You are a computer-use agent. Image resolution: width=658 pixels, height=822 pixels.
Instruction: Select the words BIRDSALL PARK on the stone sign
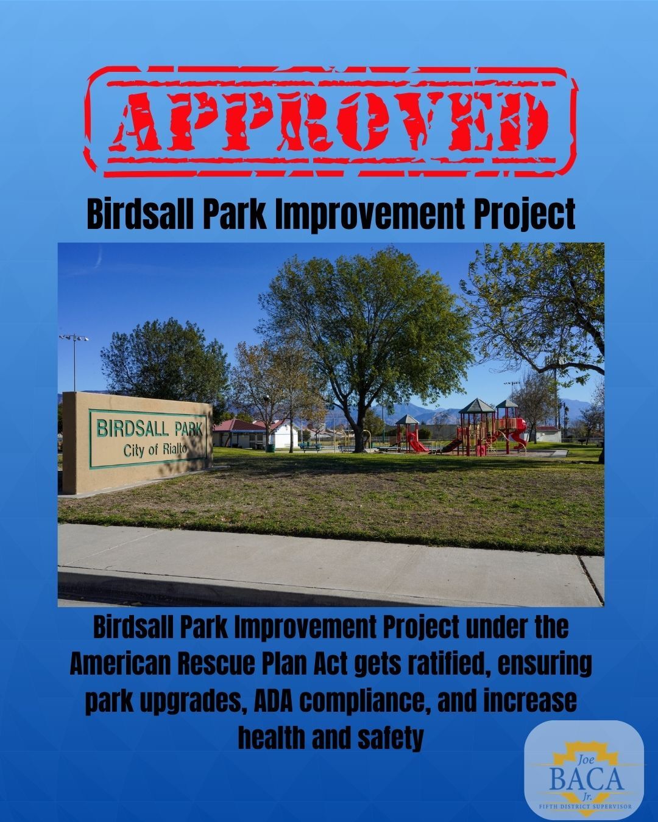coord(150,427)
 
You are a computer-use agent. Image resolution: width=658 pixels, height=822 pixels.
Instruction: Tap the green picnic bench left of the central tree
coord(310,447)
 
